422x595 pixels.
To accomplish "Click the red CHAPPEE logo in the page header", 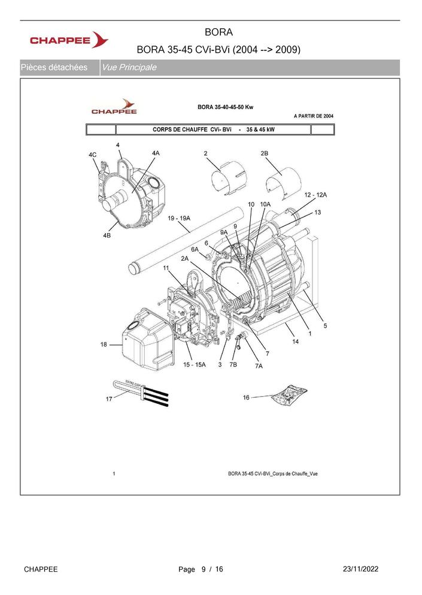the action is point(69,40).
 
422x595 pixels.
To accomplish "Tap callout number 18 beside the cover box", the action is point(104,345).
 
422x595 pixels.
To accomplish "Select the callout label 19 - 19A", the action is point(179,218).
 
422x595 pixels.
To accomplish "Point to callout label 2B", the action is point(264,153).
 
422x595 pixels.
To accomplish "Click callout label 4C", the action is point(93,155).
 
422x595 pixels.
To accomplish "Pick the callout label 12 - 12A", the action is point(315,195).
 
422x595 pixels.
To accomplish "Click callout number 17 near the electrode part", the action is point(109,399).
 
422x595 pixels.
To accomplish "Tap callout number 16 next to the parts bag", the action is point(246,397).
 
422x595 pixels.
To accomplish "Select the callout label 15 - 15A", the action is point(195,365).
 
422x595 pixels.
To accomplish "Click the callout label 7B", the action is point(233,365).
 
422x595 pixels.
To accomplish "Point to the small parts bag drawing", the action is point(289,395).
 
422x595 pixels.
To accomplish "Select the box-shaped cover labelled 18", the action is point(148,339).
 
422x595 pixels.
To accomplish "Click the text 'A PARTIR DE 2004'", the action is point(314,116).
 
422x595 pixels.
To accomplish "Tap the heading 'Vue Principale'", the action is point(129,68).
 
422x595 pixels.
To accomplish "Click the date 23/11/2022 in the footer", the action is point(360,569).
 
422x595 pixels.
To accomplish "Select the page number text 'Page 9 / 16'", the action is point(201,569).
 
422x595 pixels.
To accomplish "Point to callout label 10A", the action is point(265,204).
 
